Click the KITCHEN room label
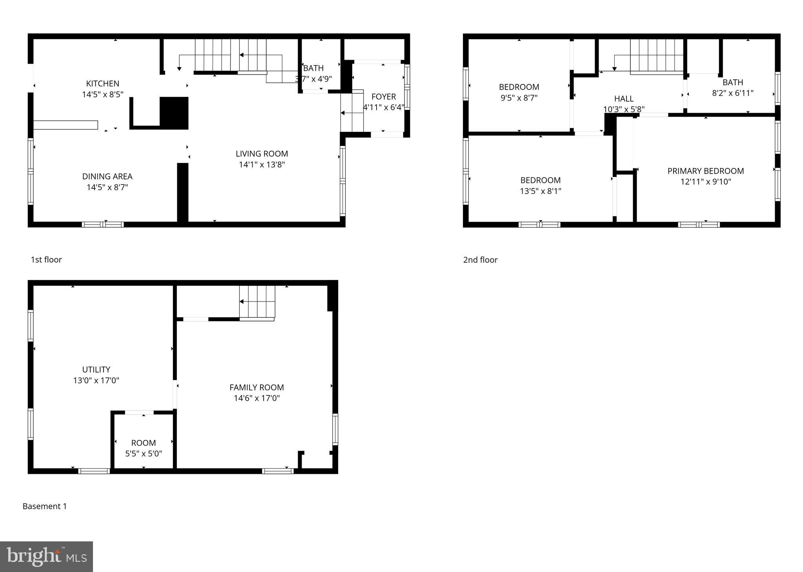point(102,84)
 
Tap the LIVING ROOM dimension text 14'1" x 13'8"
point(262,164)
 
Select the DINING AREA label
point(107,177)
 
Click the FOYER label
point(383,97)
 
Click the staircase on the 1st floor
point(231,55)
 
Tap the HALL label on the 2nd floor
point(623,99)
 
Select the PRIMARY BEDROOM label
point(705,171)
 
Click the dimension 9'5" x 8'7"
point(519,98)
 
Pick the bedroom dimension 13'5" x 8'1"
point(540,191)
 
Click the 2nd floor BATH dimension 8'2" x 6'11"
point(732,93)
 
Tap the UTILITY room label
point(96,369)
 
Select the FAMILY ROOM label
point(257,387)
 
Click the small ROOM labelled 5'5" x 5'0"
point(143,448)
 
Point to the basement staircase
point(257,302)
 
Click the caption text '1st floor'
point(46,260)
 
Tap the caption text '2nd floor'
point(480,260)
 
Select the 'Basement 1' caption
point(45,506)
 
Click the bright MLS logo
point(46,557)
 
